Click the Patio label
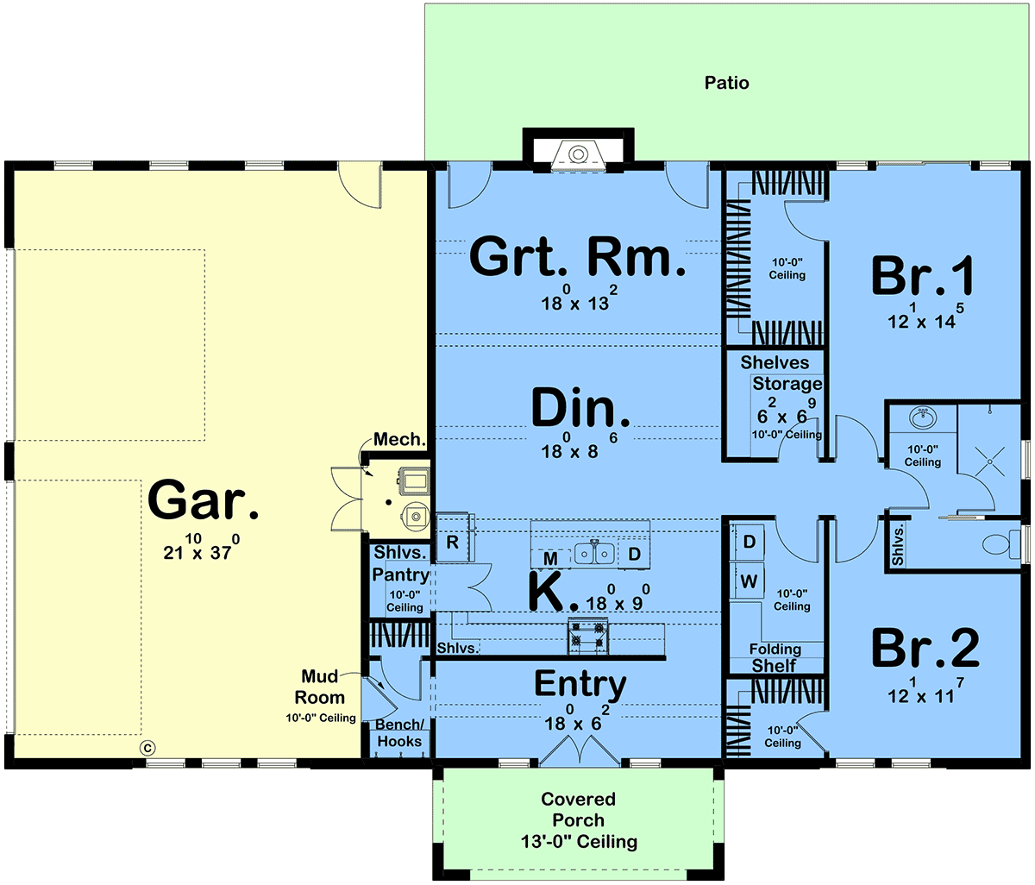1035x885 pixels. pos(726,83)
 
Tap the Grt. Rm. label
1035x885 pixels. pos(577,256)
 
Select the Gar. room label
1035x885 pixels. pos(204,499)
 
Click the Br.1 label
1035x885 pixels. pos(923,275)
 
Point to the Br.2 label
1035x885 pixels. pos(925,648)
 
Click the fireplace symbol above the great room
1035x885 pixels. pos(578,155)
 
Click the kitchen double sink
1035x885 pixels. pos(594,554)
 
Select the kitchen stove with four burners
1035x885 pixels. pos(588,636)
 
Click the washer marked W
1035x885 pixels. pos(748,581)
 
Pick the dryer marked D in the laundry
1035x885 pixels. pos(748,542)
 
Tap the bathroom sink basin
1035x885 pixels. pos(923,417)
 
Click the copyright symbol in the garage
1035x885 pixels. pos(147,748)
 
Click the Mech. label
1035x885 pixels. pos(399,439)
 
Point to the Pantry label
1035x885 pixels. pos(400,574)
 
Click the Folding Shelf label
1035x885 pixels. pos(775,657)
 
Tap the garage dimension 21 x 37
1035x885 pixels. pos(201,547)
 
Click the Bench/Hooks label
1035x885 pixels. pos(399,732)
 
